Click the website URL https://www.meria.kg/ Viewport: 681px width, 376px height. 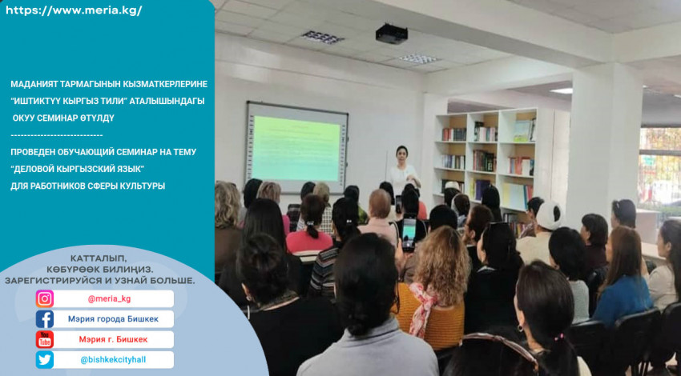coord(74,11)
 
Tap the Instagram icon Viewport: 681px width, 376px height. coord(45,299)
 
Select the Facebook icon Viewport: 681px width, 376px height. coord(45,319)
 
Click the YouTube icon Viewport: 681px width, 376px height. coord(45,339)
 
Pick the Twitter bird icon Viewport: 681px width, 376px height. coord(45,360)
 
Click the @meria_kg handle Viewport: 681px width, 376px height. coord(109,299)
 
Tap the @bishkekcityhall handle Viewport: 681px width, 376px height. coord(113,360)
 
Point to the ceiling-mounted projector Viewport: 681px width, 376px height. coord(391,34)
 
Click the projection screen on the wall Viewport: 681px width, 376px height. coord(297,147)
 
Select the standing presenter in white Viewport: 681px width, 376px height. coord(404,170)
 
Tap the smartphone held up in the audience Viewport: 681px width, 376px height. coord(409,234)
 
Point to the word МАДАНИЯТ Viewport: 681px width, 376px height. coord(30,84)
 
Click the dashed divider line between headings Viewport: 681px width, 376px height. coord(56,135)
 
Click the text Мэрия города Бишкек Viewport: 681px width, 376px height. coord(113,319)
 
